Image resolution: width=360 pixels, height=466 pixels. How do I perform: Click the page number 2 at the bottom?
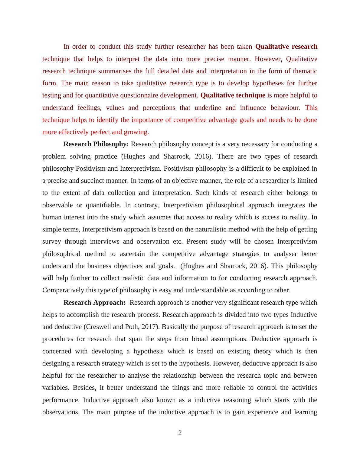[180, 433]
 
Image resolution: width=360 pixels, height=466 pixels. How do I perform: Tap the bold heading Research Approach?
[94, 303]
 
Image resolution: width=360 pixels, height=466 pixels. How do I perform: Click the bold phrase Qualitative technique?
[233, 95]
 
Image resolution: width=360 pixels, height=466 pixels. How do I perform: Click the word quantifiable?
[103, 205]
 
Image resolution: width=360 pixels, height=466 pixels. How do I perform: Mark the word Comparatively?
[63, 290]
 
